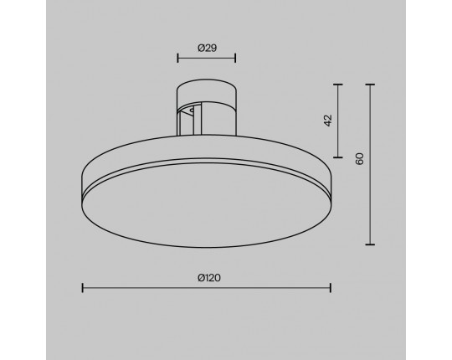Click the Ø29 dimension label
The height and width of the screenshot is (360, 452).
coord(207,48)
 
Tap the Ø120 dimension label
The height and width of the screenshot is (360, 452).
coord(209,278)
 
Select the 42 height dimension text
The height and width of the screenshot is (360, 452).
coord(328,121)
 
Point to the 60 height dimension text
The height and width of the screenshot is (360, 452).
coord(359,159)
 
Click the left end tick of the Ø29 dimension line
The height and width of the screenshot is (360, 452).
coord(177,58)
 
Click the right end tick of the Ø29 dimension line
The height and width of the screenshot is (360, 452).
coord(235,58)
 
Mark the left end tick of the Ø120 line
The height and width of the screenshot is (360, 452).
coord(83,288)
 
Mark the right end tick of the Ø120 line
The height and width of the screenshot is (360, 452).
coord(331,288)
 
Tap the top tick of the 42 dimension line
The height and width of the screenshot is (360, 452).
coord(338,85)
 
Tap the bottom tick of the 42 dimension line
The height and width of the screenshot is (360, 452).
coord(338,157)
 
